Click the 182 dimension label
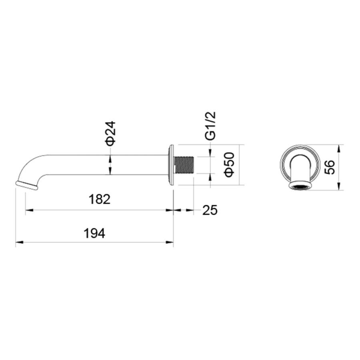[100, 199]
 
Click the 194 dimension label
[94, 233]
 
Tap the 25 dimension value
[210, 210]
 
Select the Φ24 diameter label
[110, 134]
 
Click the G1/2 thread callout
[210, 126]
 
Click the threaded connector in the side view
[184, 165]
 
